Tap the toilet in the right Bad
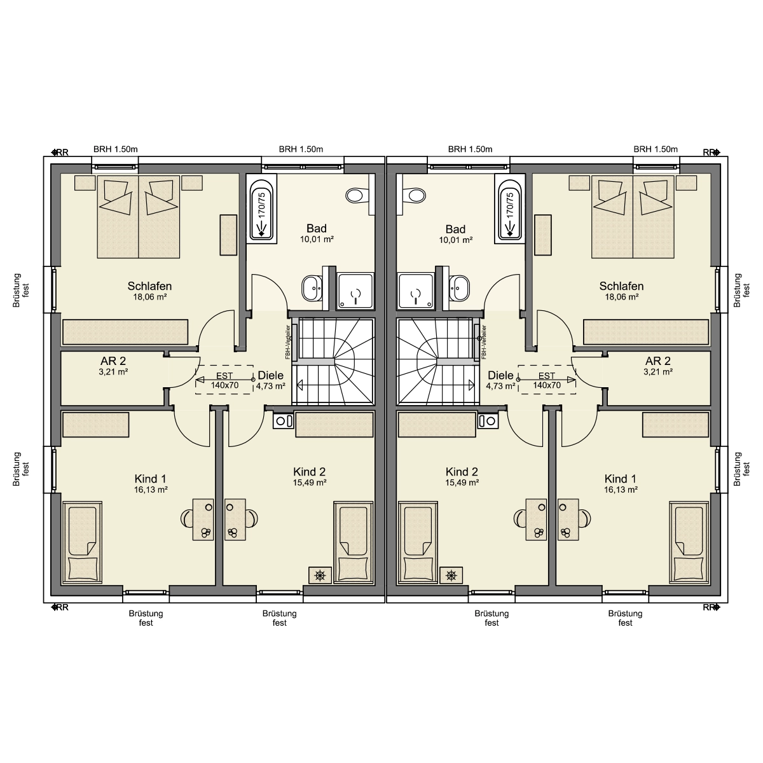coord(415,195)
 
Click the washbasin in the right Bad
coord(459,288)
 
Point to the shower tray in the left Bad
coord(355,291)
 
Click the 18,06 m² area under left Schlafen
coord(149,297)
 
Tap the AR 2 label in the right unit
coord(657,361)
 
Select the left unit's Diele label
coord(271,375)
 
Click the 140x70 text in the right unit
coord(546,385)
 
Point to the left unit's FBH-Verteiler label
coord(288,342)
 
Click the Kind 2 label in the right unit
coord(462,472)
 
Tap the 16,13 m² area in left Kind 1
coord(151,490)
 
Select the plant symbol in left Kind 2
coord(320,575)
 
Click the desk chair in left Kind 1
coord(187,518)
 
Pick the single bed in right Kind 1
coord(689,542)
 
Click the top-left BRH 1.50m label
coord(116,149)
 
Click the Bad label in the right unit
coord(455,229)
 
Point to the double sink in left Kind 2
coord(284,421)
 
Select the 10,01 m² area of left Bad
coord(317,239)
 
